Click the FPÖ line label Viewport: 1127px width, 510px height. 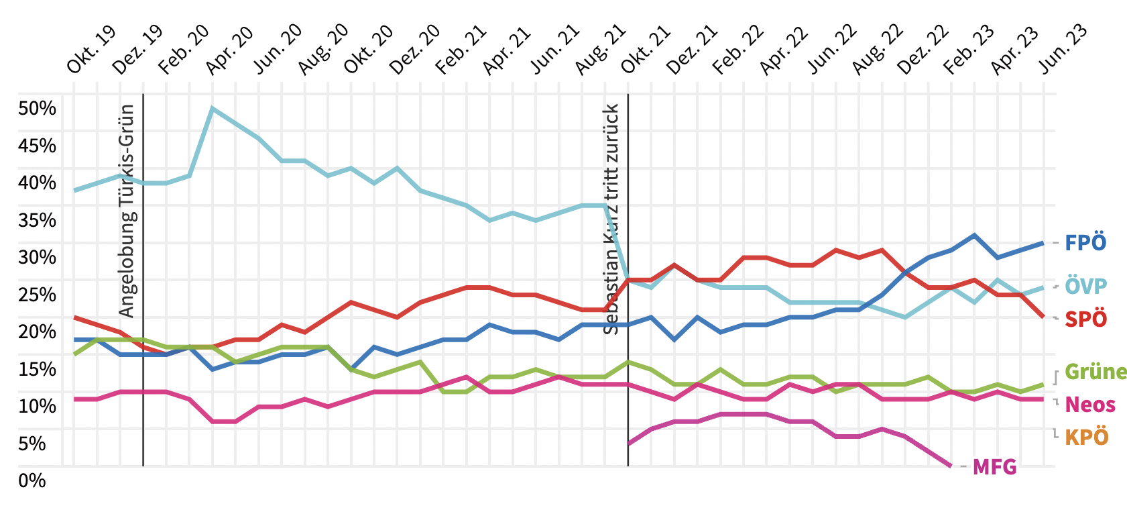coord(1085,243)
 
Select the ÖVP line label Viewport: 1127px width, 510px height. coord(1085,286)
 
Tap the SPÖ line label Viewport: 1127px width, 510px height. coord(1085,319)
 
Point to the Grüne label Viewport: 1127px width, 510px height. coord(1095,372)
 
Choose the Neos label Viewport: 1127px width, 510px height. coord(1090,405)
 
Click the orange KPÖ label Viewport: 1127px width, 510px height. coord(1086,438)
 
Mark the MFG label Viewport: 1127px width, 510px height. coord(994,467)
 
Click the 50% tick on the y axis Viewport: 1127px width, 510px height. coord(38,109)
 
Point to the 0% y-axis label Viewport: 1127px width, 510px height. coord(32,480)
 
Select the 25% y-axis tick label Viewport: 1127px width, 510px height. coord(38,295)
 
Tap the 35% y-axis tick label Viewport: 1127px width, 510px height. coord(38,220)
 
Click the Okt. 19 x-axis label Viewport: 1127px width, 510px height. coord(91,49)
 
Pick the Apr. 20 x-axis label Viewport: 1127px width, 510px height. coord(229,50)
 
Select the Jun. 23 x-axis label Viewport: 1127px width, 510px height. coord(1063,49)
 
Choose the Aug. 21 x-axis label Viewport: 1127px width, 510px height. coord(601,49)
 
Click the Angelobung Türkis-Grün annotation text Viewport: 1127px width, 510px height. coord(127,211)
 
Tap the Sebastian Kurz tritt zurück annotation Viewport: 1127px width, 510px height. coord(611,219)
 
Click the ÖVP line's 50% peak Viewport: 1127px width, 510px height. coord(212,108)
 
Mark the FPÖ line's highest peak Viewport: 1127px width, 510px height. coord(974,235)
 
